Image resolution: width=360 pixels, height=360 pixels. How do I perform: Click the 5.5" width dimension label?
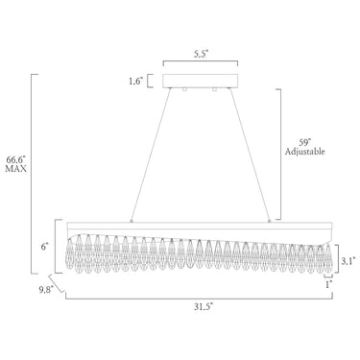(201, 54)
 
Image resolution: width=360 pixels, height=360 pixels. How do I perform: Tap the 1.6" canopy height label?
(135, 82)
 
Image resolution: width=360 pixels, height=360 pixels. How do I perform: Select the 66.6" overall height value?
(15, 159)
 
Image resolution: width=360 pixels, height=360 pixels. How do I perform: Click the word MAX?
(15, 169)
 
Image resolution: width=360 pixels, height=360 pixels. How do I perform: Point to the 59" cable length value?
(305, 142)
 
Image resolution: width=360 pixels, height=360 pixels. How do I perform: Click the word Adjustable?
(305, 152)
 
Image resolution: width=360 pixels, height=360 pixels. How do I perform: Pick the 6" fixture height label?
(45, 247)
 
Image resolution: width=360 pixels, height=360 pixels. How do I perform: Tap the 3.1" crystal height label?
(347, 261)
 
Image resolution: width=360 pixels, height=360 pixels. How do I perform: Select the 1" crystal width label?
(328, 284)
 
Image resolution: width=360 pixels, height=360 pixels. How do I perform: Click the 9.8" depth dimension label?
(46, 290)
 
